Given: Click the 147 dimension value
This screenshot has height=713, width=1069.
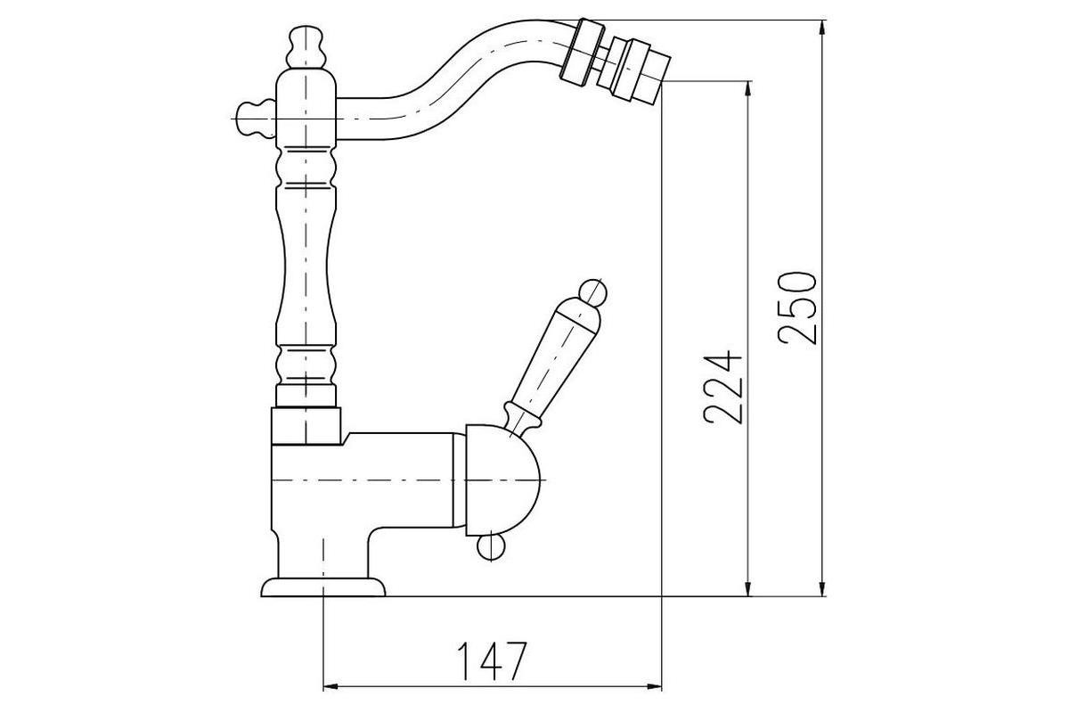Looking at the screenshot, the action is tap(492, 661).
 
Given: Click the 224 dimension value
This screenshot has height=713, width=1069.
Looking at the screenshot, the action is tap(723, 388).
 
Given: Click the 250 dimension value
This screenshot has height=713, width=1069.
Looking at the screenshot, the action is tap(796, 308).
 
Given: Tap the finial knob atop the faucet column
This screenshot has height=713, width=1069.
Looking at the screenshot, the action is tap(306, 47).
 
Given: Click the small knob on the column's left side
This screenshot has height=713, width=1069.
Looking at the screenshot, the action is tap(257, 119).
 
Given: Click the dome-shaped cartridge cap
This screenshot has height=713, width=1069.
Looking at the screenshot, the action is tap(502, 480).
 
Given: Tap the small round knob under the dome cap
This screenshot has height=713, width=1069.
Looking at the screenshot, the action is tap(491, 547).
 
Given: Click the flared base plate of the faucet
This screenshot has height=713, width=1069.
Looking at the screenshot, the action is tap(323, 587).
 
